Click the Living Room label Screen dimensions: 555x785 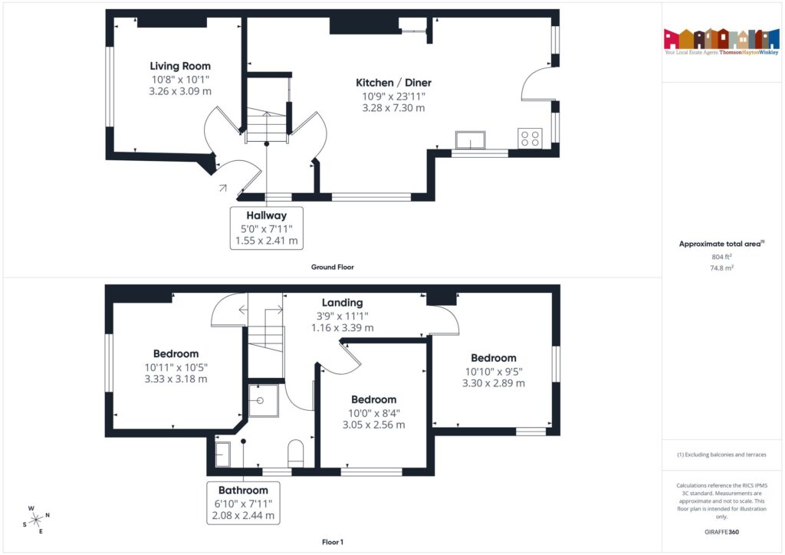point(180,66)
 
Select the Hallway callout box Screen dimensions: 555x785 point(267,228)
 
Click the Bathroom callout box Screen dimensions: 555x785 point(243,503)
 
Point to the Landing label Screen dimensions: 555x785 point(342,303)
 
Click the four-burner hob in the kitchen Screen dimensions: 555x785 point(530,138)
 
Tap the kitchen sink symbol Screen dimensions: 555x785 point(471,140)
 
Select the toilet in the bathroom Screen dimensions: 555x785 point(297,453)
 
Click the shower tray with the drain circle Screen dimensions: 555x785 point(263,401)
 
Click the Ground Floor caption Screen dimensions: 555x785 point(332,268)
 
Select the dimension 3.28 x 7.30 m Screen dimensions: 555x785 point(393,108)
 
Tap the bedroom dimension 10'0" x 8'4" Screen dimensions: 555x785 point(373,412)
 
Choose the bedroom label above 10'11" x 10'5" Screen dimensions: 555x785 point(176,354)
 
